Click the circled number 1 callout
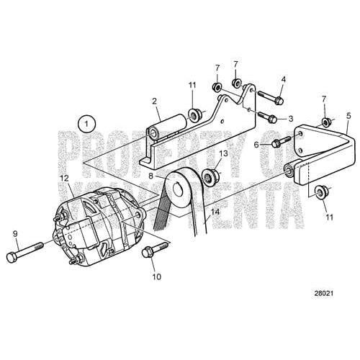(x=87, y=124)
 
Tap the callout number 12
(x=64, y=178)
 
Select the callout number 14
(x=213, y=213)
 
